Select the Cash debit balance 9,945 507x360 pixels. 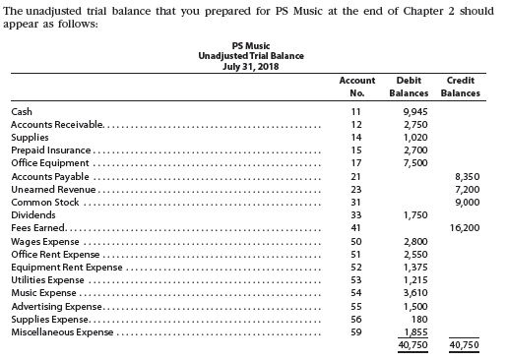[415, 112]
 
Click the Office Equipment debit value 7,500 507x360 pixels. [415, 162]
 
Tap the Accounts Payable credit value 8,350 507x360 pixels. [467, 175]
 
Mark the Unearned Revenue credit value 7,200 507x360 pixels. [467, 188]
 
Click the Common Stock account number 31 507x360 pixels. [356, 201]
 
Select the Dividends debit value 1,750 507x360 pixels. [415, 213]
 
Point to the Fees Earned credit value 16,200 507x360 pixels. [465, 226]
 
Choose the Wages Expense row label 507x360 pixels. [43, 240]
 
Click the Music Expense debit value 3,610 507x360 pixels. [415, 292]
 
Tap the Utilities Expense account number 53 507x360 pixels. [356, 279]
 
